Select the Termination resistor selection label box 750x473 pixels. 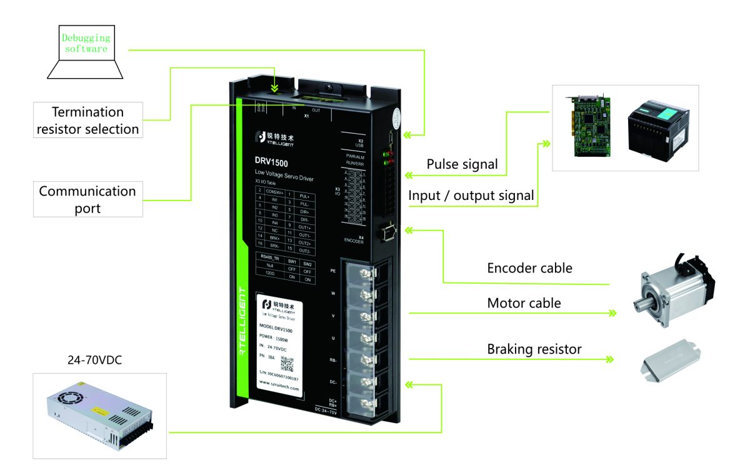point(87,121)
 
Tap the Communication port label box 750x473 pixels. point(87,199)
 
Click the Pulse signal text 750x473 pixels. point(462,164)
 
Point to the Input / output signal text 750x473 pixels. point(471,196)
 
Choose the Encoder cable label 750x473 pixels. point(529,268)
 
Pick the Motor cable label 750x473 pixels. point(524,303)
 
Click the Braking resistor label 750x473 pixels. point(534,349)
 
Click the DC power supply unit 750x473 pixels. point(99,416)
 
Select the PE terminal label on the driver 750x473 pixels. point(333,271)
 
